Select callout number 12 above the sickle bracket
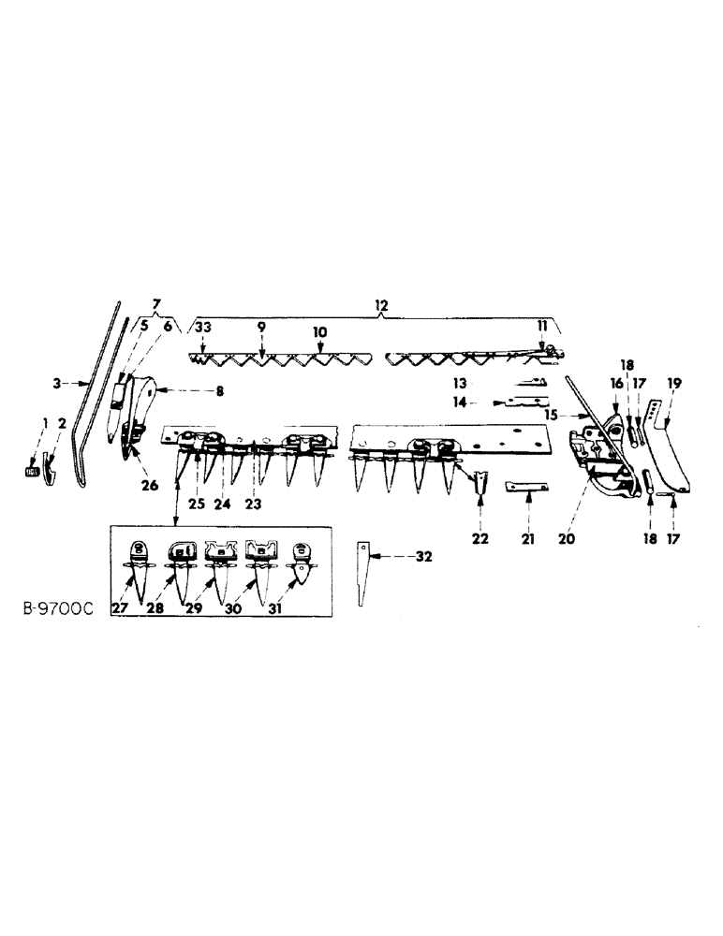pos(381,306)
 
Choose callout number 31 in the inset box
pos(302,609)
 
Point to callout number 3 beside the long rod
pos(56,383)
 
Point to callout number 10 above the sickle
pos(320,331)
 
